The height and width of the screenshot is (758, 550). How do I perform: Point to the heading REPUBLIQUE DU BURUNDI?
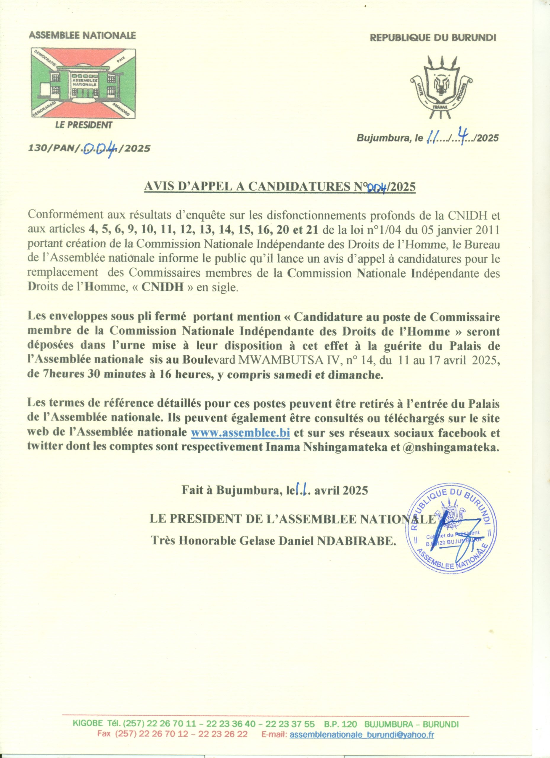[x=433, y=38]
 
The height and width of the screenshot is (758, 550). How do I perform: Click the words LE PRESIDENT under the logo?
[x=83, y=125]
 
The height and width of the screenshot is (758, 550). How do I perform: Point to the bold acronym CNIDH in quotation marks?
[x=163, y=288]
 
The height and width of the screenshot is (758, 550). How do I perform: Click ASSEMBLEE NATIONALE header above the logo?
[x=83, y=36]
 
